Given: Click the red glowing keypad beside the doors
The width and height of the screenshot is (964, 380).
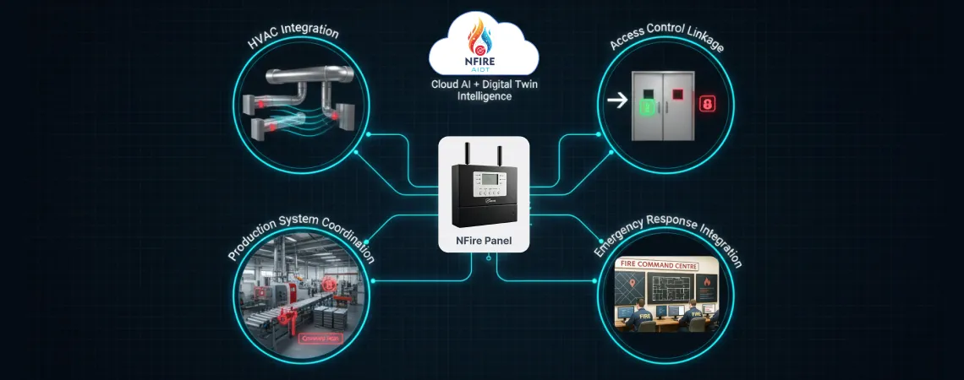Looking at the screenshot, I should [708, 104].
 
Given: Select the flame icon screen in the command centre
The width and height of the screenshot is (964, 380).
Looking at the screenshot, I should [701, 287].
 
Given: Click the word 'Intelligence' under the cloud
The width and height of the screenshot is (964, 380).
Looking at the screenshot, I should [482, 96].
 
